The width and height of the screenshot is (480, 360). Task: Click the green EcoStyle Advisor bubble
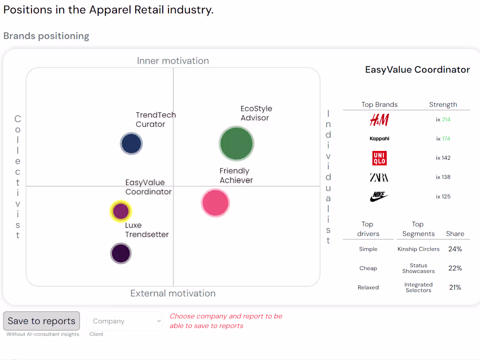pos(236,144)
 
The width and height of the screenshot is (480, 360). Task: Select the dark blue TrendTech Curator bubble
pos(131,144)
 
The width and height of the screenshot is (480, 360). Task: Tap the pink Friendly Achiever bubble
pos(215,203)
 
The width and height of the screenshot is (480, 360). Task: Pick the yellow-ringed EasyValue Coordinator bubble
pos(120,211)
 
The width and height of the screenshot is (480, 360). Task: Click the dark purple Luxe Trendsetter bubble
pos(121,253)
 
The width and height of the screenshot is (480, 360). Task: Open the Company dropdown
pos(125,321)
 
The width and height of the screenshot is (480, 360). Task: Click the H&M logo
pos(379,120)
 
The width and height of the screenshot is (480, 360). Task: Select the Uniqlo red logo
pos(379,158)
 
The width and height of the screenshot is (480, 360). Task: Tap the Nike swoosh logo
pos(379,197)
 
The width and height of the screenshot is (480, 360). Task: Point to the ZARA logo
pos(379,177)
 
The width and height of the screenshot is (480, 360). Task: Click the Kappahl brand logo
pos(379,139)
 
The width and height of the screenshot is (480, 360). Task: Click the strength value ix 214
pos(443,120)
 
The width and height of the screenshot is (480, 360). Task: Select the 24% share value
pos(455,249)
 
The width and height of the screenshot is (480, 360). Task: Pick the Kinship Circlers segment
pos(418,249)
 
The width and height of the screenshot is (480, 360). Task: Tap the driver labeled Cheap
pos(368,268)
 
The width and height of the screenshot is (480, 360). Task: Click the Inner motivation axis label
pos(173,61)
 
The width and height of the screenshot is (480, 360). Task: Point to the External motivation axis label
pos(173,293)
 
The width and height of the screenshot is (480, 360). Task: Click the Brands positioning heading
pos(46,36)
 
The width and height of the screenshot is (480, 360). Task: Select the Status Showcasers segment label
pos(418,268)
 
